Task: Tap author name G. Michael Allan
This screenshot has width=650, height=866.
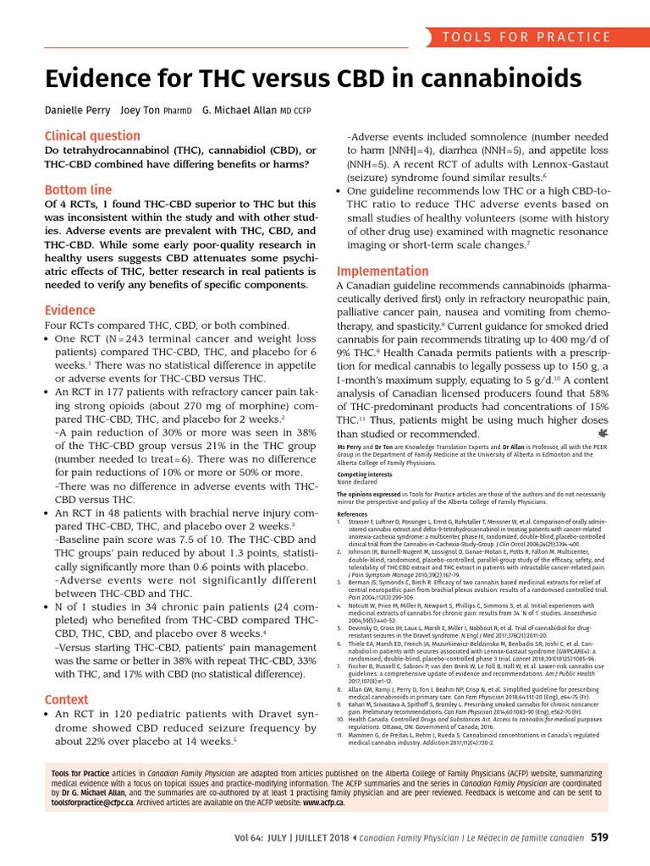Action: [237, 111]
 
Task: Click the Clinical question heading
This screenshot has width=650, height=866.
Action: [92, 135]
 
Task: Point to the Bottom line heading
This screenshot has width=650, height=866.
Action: [78, 189]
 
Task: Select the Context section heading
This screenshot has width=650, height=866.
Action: [66, 699]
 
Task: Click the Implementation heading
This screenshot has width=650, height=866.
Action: [383, 271]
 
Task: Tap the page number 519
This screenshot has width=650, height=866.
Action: [599, 837]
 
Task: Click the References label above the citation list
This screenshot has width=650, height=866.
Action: [352, 513]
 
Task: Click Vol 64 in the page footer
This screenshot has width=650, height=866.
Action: [253, 837]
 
